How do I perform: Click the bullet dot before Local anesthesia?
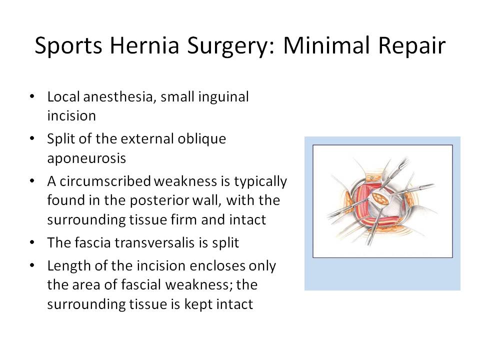point(32,97)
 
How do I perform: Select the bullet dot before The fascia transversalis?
point(32,243)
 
